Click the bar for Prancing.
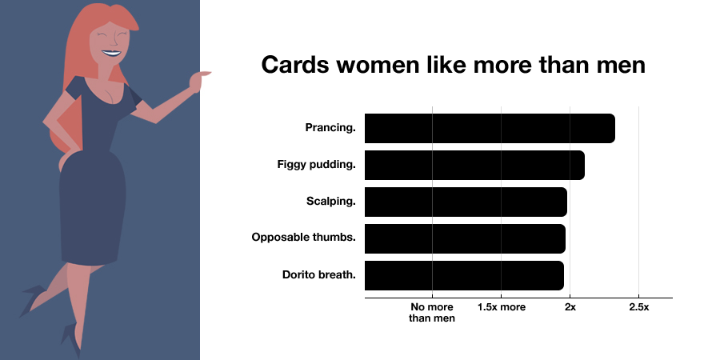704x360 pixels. click(490, 129)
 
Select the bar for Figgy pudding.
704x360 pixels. click(474, 165)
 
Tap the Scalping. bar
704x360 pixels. click(466, 202)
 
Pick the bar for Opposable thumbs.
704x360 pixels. click(465, 238)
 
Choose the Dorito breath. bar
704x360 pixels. click(464, 275)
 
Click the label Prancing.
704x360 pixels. click(330, 128)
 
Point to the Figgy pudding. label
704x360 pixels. click(311, 165)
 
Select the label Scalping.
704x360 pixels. click(330, 202)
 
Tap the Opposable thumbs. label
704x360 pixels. click(303, 238)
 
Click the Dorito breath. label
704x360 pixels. click(318, 275)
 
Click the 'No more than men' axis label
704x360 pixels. click(432, 313)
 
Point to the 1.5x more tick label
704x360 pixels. click(501, 307)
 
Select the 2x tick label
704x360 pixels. click(570, 307)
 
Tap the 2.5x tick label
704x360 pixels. click(638, 307)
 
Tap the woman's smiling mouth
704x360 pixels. click(111, 55)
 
